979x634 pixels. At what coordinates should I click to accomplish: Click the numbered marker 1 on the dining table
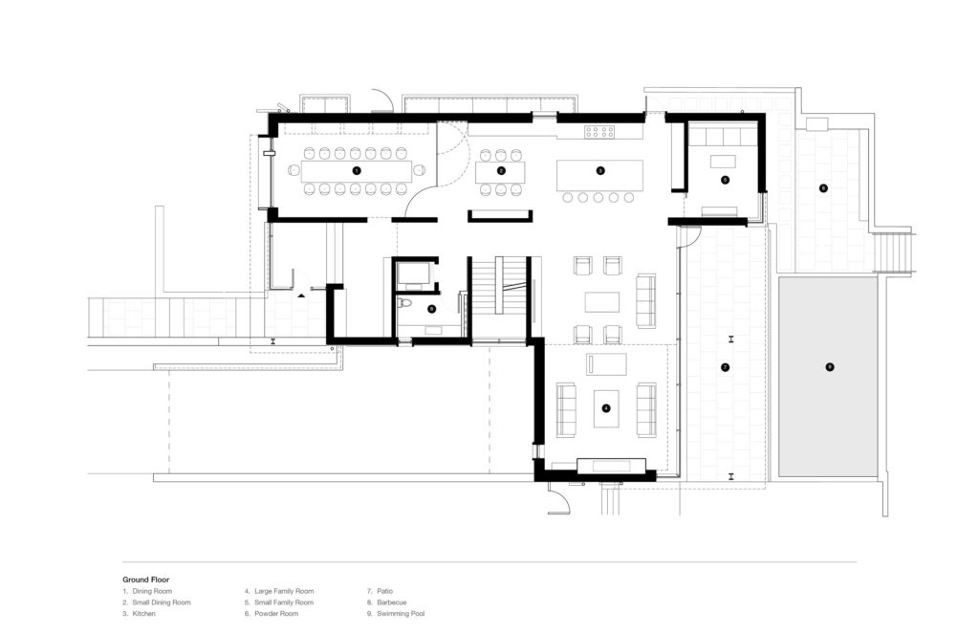tap(357, 170)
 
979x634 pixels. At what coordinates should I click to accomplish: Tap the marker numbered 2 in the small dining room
tap(501, 170)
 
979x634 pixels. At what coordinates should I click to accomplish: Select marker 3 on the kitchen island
tap(599, 170)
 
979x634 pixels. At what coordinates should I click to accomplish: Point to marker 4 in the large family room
tap(605, 407)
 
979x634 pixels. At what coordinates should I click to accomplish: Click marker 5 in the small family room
tap(725, 179)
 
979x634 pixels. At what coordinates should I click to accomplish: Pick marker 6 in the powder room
tap(431, 308)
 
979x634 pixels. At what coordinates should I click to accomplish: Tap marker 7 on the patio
tap(725, 367)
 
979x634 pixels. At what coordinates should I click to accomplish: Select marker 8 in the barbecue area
tap(823, 187)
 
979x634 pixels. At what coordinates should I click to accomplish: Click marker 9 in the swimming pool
tap(829, 367)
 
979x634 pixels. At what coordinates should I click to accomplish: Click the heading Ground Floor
tap(145, 579)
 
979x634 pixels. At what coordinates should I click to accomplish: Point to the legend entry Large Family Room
tap(282, 591)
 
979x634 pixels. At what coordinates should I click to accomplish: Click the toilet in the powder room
tap(405, 305)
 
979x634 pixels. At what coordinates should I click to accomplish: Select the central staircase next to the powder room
tap(499, 295)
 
